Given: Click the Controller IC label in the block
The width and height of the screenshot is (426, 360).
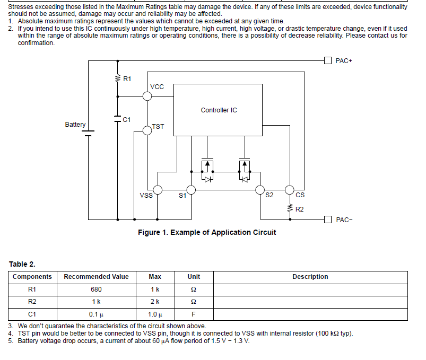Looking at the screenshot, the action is [219, 110].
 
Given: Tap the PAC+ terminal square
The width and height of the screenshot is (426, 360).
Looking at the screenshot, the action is [328, 60].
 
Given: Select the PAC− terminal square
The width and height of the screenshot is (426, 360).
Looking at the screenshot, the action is [328, 219].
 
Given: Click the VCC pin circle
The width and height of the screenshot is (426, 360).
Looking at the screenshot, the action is [147, 96].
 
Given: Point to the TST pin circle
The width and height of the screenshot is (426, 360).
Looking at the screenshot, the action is [147, 130].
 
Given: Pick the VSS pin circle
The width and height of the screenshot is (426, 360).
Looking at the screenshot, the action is [158, 190].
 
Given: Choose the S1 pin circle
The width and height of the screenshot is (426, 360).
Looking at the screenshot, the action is [191, 190].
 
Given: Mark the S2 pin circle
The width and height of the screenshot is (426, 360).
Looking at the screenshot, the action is [260, 190].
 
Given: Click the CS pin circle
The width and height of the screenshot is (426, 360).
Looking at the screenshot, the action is [290, 190].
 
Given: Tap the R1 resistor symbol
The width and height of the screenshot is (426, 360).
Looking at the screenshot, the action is [118, 78].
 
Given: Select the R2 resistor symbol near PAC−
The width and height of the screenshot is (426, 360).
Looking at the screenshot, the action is [290, 208].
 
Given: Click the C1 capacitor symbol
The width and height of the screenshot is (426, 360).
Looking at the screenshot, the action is [117, 119].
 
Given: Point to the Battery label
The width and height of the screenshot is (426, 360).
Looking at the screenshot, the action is [75, 125].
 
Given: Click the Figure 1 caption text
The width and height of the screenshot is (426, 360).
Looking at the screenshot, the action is [207, 232].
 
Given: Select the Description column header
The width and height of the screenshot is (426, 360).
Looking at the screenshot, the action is [310, 277].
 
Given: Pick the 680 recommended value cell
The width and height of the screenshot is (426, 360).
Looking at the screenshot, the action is [96, 289].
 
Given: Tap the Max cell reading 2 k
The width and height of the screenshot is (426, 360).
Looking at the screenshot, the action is [155, 302].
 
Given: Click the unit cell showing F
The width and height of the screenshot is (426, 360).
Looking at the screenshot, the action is [194, 314].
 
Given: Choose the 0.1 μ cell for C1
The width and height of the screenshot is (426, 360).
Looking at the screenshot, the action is [96, 314].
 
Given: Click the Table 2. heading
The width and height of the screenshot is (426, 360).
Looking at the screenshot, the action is [22, 264].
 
